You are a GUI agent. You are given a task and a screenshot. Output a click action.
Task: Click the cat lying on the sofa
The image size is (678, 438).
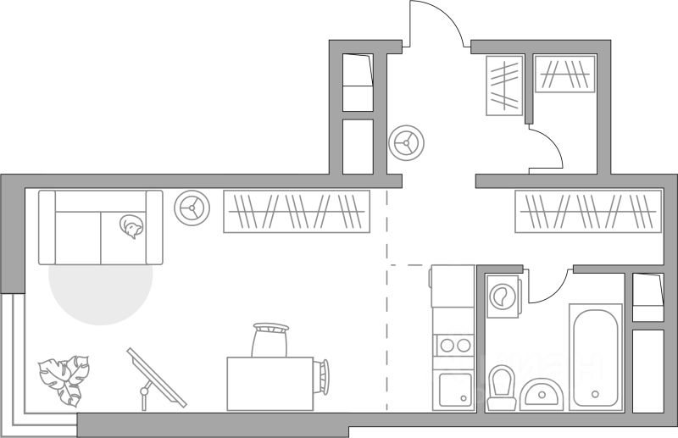pos(131,226)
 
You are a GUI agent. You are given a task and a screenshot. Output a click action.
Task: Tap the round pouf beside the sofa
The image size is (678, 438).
pos(192,207)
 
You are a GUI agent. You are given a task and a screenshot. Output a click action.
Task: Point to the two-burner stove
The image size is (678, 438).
pos(453,345)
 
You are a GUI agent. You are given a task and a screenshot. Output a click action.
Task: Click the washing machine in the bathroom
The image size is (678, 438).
pos(503,297)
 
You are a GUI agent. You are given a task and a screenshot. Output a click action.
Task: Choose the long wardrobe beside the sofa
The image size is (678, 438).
pos(297,211)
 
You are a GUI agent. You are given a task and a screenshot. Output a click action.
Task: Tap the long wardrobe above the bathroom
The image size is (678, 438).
pos(588,211)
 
